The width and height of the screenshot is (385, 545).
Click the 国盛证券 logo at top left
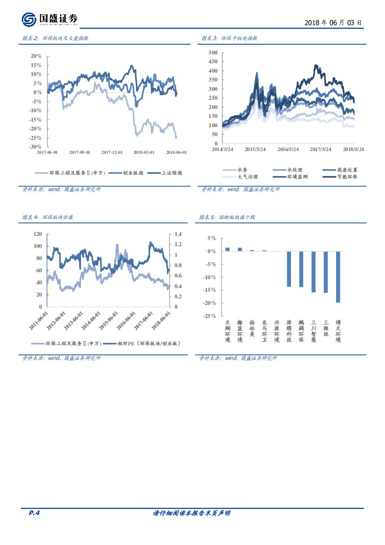click(x=50, y=19)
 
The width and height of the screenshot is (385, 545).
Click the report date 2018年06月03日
click(x=333, y=22)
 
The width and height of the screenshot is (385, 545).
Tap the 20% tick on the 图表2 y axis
click(x=36, y=56)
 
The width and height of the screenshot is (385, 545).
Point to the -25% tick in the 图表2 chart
click(x=35, y=138)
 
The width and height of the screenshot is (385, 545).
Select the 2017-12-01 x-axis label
click(x=112, y=152)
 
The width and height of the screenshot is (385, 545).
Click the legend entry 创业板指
click(x=133, y=172)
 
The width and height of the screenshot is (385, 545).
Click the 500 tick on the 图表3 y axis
click(x=213, y=53)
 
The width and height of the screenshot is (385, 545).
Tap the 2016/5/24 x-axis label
click(x=288, y=150)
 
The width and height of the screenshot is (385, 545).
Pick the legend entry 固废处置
click(x=347, y=170)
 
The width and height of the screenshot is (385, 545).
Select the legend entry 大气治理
click(x=247, y=177)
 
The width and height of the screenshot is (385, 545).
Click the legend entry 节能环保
click(x=347, y=177)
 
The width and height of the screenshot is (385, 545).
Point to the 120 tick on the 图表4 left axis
click(x=38, y=234)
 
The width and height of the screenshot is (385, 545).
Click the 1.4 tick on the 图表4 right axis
click(x=178, y=234)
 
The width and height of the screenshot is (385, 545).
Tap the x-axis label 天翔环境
click(x=227, y=331)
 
